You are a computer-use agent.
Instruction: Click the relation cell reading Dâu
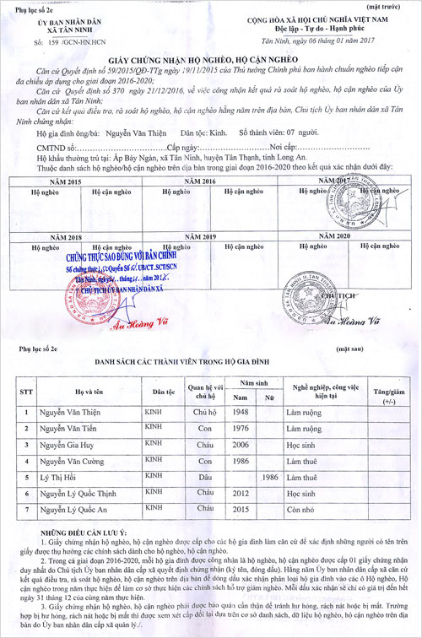(201, 477)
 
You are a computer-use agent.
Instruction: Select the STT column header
(26, 392)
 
